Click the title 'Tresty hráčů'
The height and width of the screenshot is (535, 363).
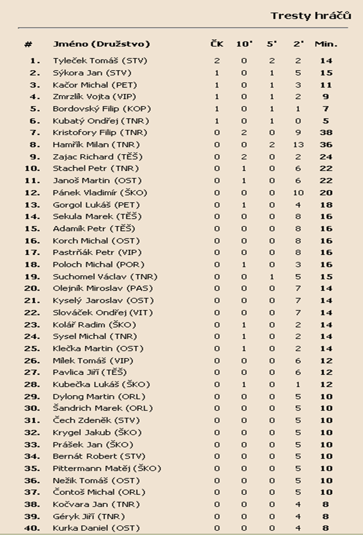(311, 15)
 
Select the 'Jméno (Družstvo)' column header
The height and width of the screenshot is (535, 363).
(101, 44)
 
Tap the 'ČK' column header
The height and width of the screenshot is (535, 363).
(217, 44)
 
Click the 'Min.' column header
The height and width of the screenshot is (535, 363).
(326, 44)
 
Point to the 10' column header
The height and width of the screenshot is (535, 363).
(244, 44)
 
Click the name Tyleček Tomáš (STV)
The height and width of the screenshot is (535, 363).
(100, 61)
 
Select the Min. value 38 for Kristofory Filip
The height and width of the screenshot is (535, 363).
(326, 133)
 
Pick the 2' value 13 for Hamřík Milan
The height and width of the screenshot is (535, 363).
(298, 144)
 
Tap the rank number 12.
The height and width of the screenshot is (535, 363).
(33, 193)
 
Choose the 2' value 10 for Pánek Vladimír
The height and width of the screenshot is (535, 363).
(298, 193)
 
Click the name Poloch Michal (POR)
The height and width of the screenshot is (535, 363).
(99, 264)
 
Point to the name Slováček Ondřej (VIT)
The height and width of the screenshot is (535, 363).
(103, 313)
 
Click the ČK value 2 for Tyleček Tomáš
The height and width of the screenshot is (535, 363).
(217, 61)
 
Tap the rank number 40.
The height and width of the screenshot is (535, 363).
(33, 528)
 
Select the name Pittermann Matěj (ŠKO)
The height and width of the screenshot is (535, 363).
(107, 468)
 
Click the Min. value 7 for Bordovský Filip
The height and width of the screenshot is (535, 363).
(326, 109)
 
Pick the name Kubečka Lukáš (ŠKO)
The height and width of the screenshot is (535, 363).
(102, 384)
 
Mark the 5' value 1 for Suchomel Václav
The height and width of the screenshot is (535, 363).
(271, 277)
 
